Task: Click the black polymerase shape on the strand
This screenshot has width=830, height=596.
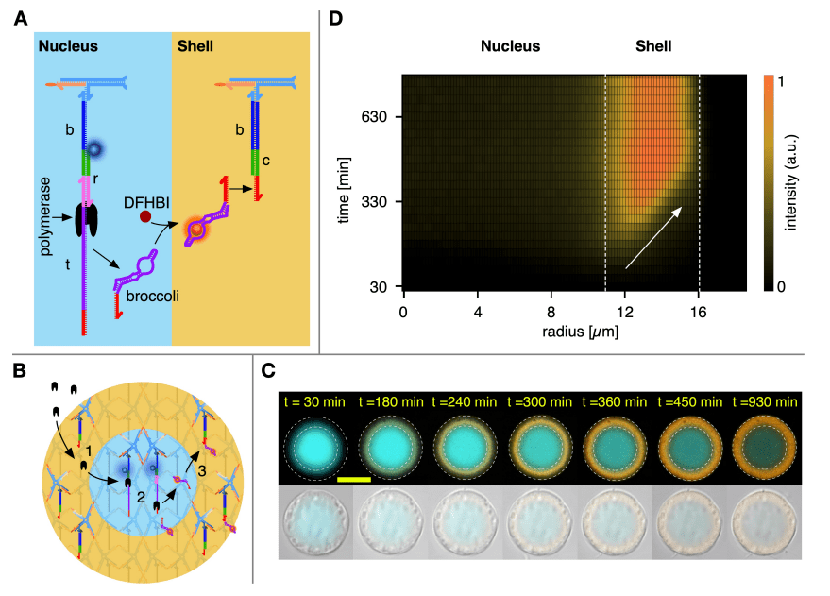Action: pyautogui.click(x=93, y=219)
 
